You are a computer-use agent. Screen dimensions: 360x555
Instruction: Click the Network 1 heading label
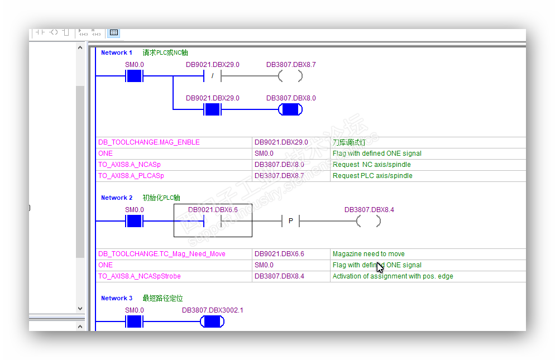(x=116, y=52)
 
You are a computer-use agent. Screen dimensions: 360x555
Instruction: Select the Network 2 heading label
(x=116, y=198)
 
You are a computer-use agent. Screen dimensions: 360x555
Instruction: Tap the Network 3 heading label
(x=116, y=298)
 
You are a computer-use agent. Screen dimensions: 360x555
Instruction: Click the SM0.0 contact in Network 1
(x=134, y=76)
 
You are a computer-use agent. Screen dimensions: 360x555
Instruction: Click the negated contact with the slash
(x=212, y=76)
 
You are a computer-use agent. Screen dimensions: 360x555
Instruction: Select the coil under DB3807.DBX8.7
(x=290, y=76)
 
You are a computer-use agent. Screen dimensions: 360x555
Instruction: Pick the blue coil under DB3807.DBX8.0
(x=290, y=109)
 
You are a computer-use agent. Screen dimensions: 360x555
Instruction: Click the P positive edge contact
(x=290, y=221)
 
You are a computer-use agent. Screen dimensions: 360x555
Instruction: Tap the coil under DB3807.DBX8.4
(x=369, y=221)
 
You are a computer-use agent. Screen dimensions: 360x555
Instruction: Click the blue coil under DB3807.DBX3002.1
(x=212, y=321)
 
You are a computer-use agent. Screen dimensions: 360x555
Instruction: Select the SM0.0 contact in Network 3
(x=134, y=321)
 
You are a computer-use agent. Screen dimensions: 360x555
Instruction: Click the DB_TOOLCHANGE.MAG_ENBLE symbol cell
(x=149, y=142)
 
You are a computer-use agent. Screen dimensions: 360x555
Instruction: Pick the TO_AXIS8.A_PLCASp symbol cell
(x=131, y=176)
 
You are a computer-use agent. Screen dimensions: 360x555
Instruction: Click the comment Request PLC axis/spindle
(x=372, y=176)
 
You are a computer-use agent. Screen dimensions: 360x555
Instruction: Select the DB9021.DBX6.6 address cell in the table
(x=279, y=254)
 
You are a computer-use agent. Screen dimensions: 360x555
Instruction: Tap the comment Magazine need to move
(x=369, y=254)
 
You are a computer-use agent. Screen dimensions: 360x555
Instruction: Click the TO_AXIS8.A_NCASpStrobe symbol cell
(x=140, y=276)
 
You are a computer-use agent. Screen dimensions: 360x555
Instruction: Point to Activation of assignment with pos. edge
(x=393, y=276)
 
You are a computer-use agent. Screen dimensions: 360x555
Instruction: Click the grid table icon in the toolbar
(x=114, y=32)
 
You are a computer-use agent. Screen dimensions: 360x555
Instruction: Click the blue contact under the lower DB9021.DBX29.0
(x=212, y=109)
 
